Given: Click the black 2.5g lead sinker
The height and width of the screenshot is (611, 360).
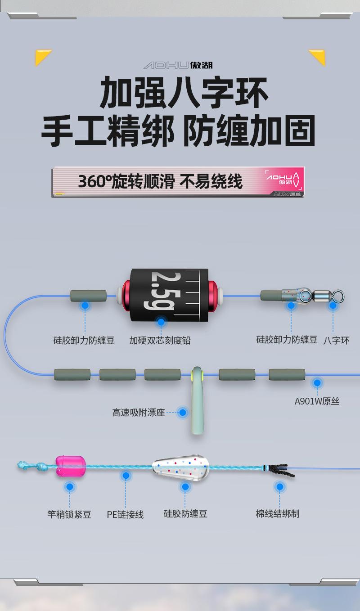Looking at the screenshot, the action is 169,295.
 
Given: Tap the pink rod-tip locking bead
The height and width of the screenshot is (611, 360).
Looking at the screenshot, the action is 71,466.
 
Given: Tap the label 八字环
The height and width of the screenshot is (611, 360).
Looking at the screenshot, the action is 336,341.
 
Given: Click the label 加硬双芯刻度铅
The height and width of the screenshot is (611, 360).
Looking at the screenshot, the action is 160,341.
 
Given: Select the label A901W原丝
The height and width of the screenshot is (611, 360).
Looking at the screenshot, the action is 317,401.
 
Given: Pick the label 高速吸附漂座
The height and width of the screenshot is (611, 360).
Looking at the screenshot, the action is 139,413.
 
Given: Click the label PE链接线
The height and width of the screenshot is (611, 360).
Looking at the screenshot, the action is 125,514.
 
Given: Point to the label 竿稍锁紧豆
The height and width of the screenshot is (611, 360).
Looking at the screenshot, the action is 69,514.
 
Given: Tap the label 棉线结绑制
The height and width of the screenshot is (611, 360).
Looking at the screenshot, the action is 277,514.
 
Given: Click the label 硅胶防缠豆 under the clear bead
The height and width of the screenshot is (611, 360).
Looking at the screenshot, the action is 185,514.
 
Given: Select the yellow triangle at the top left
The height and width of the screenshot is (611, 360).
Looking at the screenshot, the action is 41,56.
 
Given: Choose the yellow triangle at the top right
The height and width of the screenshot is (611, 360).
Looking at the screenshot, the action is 319,56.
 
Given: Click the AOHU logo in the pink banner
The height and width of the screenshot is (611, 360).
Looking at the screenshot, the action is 282,180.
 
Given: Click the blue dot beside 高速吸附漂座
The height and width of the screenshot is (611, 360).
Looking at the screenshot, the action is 183,412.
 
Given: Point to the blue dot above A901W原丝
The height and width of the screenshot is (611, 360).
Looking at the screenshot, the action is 317,383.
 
